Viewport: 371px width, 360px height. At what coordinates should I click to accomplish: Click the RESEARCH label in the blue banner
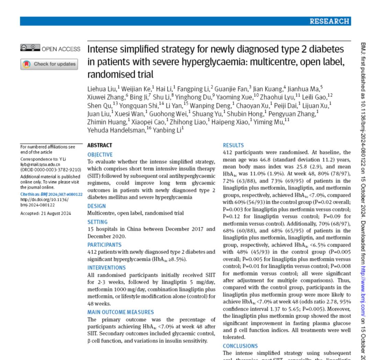tap(329, 21)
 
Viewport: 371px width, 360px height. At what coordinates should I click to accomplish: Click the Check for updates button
tap(49, 64)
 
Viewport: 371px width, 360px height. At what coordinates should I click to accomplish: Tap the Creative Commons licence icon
tap(30, 48)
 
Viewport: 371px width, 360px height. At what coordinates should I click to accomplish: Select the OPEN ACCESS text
tap(61, 49)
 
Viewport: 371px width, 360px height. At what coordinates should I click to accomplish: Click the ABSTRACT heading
tap(100, 146)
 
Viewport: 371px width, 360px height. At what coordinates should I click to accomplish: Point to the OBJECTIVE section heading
tap(100, 155)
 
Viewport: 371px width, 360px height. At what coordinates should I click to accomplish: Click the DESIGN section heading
tap(97, 206)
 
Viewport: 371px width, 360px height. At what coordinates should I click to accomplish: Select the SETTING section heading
tap(98, 222)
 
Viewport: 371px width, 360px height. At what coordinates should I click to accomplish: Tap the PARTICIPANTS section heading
tap(104, 245)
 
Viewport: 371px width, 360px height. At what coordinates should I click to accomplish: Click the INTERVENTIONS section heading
tap(106, 268)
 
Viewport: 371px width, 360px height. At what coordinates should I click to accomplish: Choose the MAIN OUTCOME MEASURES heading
tap(121, 312)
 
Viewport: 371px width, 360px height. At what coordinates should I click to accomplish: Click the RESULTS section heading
tap(233, 146)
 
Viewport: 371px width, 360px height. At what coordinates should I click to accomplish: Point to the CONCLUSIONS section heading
tap(240, 346)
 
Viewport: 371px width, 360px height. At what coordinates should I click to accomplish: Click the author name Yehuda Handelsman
tap(116, 130)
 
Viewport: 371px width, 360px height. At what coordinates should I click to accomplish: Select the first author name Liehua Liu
tap(100, 89)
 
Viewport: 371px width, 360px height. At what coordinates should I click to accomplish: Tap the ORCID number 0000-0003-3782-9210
tap(57, 169)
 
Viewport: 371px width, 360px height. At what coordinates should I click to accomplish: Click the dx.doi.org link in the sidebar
tap(44, 200)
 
